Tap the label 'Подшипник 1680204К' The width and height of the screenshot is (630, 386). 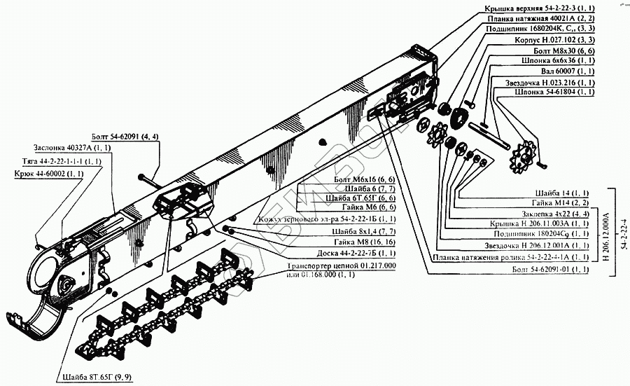pyautogui.click(x=535, y=29)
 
